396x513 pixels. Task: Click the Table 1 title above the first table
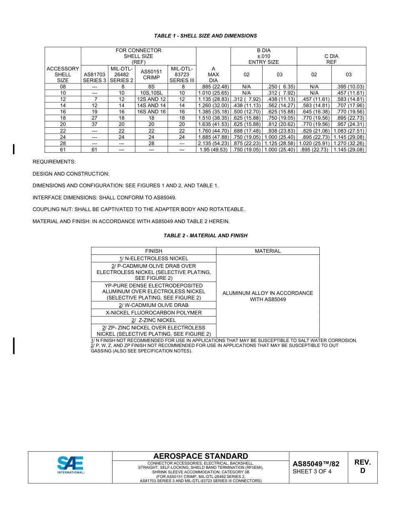coord(205,36)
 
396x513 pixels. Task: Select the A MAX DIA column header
coord(213,74)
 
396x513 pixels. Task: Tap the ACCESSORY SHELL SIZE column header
coord(63,74)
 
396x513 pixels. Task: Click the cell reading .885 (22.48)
coord(213,87)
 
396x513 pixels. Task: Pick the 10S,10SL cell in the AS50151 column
coord(151,93)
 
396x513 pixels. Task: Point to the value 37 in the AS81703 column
coord(95,124)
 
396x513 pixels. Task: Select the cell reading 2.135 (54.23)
coord(213,143)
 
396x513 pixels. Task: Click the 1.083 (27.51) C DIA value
coord(348,131)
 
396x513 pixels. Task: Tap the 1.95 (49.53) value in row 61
coord(213,149)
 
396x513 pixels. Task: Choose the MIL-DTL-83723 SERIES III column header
coord(182,74)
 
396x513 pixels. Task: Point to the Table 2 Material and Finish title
coord(205,236)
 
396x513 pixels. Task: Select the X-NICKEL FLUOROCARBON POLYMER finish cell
coord(153,313)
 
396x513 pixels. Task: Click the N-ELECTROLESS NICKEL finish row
coord(153,259)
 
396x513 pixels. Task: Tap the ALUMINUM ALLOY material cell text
coord(268,296)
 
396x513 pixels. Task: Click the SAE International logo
coord(70,465)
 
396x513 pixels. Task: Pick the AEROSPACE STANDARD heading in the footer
coord(201,456)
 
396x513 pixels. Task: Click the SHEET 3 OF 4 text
coord(312,472)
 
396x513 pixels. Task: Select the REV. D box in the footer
coord(362,466)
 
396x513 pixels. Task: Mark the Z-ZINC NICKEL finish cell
coord(153,320)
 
